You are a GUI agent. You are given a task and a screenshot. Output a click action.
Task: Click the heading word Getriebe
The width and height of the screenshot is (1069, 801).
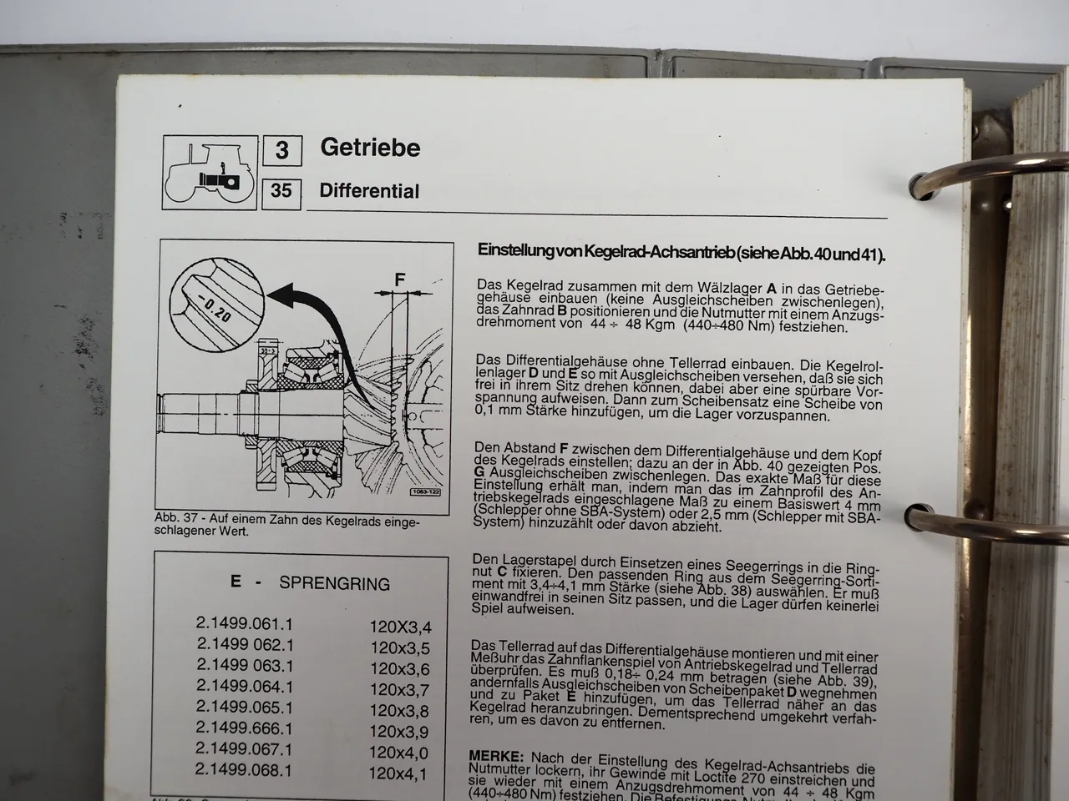pos(370,149)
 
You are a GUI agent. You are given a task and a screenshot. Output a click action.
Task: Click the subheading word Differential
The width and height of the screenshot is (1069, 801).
pos(369,191)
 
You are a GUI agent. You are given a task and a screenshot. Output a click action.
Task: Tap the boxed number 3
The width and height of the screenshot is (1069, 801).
pos(282,150)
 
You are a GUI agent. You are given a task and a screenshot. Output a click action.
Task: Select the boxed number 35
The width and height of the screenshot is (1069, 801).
pos(281,191)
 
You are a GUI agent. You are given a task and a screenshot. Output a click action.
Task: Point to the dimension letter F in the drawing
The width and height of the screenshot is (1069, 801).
pos(400,280)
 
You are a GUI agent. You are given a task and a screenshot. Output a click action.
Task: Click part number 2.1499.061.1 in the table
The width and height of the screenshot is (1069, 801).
pos(245,624)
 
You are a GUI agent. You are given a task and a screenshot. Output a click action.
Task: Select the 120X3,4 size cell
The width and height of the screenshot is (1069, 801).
pos(400,627)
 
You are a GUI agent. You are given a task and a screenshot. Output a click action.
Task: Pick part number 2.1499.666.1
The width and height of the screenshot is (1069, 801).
pos(245,728)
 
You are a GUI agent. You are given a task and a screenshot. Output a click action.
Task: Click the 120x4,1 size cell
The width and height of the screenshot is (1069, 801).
pos(398,774)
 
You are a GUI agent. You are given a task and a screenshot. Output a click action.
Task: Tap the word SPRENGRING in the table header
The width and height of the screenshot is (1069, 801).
pos(334,584)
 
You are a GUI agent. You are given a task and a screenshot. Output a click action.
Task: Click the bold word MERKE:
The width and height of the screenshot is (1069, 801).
pos(496,756)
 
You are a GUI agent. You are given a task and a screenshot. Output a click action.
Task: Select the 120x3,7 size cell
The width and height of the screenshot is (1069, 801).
pos(399,690)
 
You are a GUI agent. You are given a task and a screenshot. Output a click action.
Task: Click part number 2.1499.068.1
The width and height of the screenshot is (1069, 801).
pos(245,770)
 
